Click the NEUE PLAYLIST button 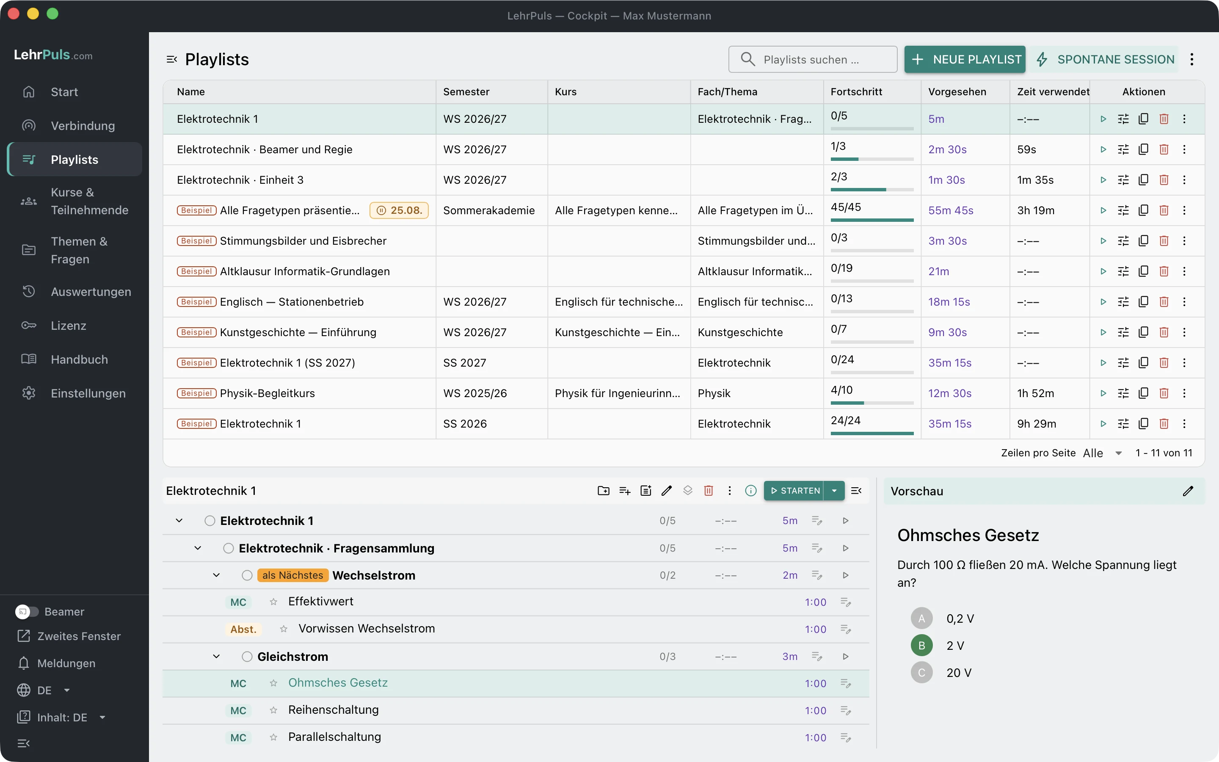point(965,59)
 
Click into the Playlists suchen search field point(813,59)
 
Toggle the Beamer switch point(27,611)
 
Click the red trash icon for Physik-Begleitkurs point(1164,393)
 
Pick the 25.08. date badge point(399,210)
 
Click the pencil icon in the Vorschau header point(1188,491)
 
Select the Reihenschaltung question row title point(334,710)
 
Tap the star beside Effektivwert point(273,602)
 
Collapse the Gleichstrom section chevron point(217,657)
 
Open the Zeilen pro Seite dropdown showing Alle point(1102,453)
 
